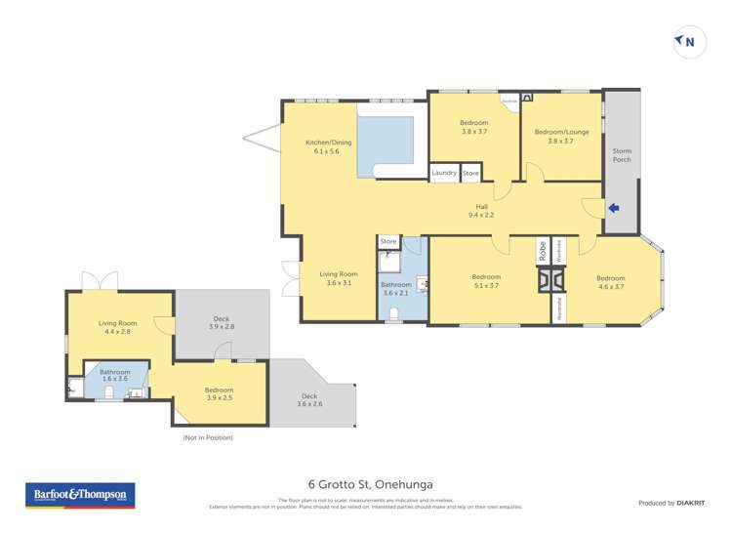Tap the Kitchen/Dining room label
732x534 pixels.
tap(327, 146)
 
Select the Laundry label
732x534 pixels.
tap(444, 173)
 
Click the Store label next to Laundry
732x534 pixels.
tap(470, 173)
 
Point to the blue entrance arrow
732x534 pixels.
tap(613, 207)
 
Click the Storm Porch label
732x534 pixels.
tap(622, 156)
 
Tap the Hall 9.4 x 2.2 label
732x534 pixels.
tap(481, 211)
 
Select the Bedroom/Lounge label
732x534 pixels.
tap(560, 136)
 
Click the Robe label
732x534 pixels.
tap(541, 251)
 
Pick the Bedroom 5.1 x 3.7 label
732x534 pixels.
tap(486, 281)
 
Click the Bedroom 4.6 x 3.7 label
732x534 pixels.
tap(610, 281)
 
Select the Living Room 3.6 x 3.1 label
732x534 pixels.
tap(339, 278)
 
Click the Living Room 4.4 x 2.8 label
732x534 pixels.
tap(117, 327)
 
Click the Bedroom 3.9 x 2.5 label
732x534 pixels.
tap(219, 393)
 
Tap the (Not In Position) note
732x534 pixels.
tap(208, 437)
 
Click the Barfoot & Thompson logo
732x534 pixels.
tap(79, 495)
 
